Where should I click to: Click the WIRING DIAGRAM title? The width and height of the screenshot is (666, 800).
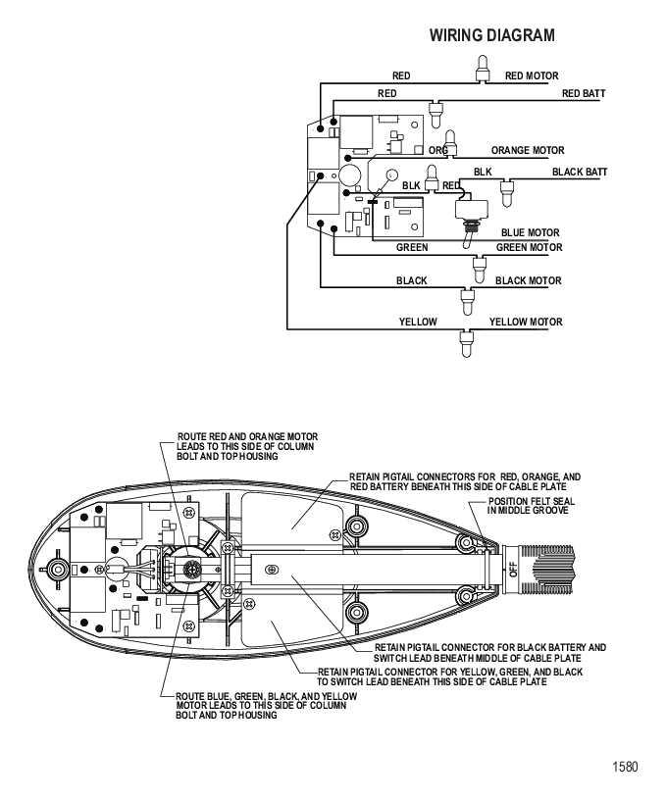point(491,35)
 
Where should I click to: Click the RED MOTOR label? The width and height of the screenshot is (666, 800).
point(532,75)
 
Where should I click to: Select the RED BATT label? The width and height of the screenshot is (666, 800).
point(584,93)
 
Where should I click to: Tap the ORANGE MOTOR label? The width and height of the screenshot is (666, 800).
point(528,151)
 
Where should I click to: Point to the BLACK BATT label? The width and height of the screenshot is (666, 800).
point(580,173)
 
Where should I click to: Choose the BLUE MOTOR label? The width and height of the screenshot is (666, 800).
point(530,233)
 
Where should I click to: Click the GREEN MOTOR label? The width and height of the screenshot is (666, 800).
point(529,248)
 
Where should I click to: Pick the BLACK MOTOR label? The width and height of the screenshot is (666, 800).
point(528,281)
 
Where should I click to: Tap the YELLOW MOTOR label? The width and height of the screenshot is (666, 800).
point(526,322)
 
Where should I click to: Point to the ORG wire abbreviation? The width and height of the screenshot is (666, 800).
point(437,150)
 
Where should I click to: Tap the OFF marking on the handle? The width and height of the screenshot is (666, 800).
point(513,569)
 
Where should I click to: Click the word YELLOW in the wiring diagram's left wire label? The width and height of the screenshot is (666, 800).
point(418,322)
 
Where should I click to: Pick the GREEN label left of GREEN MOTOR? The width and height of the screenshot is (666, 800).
point(412,248)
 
